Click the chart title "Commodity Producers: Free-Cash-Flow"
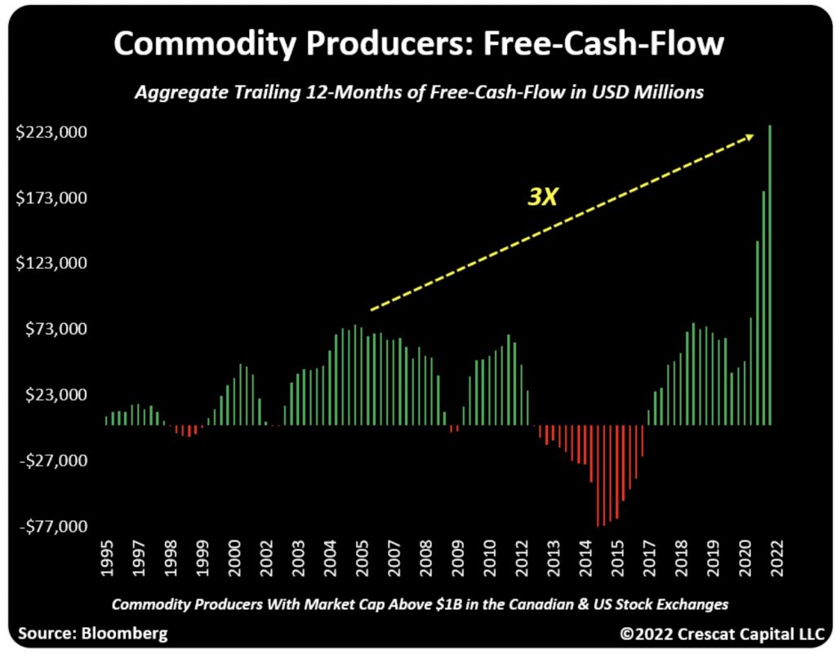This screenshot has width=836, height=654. pyautogui.click(x=418, y=42)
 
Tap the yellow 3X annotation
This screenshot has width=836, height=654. pyautogui.click(x=540, y=196)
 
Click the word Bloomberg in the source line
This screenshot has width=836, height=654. pyautogui.click(x=122, y=633)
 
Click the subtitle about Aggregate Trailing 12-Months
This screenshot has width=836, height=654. pyautogui.click(x=418, y=92)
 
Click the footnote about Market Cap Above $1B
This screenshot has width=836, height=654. pyautogui.click(x=419, y=604)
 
